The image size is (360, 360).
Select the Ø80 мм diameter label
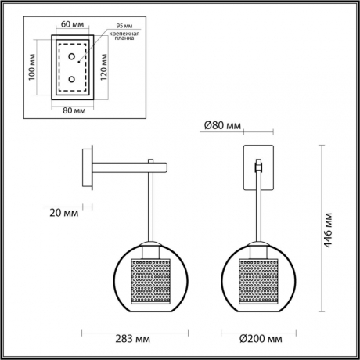point(221,124)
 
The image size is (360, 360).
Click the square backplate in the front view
point(257,167)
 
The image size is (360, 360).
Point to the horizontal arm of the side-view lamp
point(129,166)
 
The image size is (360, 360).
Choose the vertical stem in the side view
point(149,207)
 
